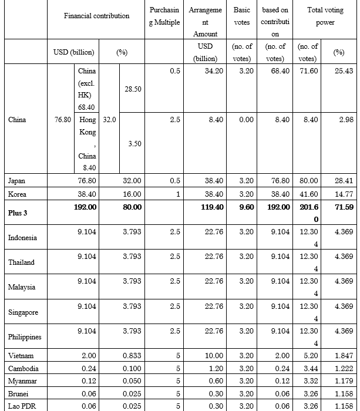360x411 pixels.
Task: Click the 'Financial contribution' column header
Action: tap(96, 16)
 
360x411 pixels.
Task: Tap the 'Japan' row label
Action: tap(17, 181)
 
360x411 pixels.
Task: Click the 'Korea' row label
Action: tap(17, 194)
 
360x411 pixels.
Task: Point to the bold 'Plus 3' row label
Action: tap(18, 213)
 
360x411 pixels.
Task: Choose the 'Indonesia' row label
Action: tap(23, 237)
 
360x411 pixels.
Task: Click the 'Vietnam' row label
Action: tap(21, 356)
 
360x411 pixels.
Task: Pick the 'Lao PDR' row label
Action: tap(21, 406)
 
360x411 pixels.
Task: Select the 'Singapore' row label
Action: tap(23, 312)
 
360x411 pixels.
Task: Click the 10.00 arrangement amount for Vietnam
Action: tap(214, 356)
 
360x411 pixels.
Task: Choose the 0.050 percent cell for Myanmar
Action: tap(132, 380)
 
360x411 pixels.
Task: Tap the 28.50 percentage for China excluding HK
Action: tap(132, 88)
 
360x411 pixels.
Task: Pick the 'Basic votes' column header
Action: tap(241, 16)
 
